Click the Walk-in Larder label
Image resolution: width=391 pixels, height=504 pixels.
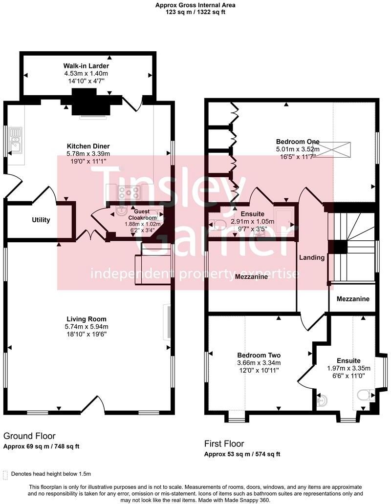tap(86, 65)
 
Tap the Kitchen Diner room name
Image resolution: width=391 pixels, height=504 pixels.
tap(88, 146)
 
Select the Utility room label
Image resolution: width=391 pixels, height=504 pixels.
tap(41, 220)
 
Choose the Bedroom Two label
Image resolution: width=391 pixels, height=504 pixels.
tap(259, 355)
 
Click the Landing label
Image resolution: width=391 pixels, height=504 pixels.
tap(312, 257)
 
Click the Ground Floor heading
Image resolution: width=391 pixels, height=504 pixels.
tap(29, 436)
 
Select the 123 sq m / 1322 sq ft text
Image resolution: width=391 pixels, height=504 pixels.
tap(195, 12)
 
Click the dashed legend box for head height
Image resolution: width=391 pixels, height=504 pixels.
tap(5, 474)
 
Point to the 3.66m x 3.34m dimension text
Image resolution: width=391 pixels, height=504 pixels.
tap(259, 363)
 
